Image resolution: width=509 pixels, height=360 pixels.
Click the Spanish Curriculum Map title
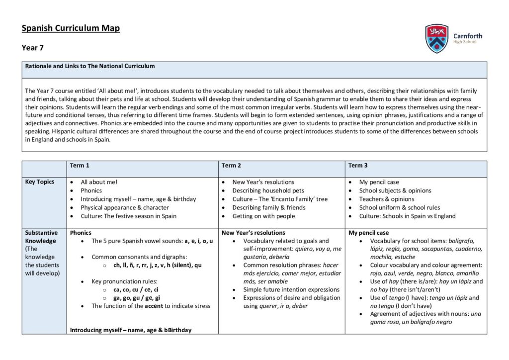click(x=71, y=28)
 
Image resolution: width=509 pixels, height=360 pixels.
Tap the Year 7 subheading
click(x=33, y=48)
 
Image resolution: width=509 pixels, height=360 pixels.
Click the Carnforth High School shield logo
click(x=436, y=38)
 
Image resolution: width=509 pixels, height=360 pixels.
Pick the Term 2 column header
click(x=231, y=166)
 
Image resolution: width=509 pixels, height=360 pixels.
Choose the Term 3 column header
click(x=358, y=166)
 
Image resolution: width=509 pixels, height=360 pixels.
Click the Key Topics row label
click(x=39, y=182)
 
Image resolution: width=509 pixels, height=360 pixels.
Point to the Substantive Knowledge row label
click(x=41, y=237)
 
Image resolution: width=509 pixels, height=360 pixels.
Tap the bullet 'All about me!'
click(x=99, y=182)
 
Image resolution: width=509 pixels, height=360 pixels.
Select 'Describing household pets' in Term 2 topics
click(x=268, y=190)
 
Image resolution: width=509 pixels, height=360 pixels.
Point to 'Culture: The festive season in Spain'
click(x=128, y=216)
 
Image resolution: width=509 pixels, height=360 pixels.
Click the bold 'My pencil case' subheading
click(x=368, y=233)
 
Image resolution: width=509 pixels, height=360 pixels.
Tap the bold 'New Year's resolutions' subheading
click(x=253, y=233)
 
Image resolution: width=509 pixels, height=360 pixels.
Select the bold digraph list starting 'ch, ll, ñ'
click(x=157, y=265)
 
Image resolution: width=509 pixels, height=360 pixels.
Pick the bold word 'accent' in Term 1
click(x=154, y=306)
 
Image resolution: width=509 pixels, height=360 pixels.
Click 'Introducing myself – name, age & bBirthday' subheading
click(x=131, y=330)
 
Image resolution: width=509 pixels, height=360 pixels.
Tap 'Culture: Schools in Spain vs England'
click(x=407, y=216)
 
